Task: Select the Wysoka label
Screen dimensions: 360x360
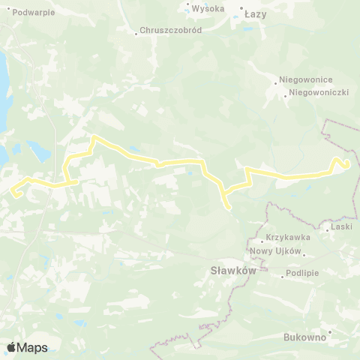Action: point(208,9)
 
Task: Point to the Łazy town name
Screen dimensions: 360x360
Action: point(255,13)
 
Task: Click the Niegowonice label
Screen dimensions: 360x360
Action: point(305,79)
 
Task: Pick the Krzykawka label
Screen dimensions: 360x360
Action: point(282,237)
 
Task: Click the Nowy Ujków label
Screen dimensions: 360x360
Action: point(275,250)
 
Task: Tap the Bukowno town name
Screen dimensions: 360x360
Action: point(304,337)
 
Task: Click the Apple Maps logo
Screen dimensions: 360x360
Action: point(27,347)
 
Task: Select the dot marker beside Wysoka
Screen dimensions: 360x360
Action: point(187,9)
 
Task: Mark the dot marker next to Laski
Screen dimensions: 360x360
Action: point(327,229)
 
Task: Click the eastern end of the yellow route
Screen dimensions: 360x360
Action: point(347,166)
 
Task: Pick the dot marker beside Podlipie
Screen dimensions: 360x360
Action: point(282,277)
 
